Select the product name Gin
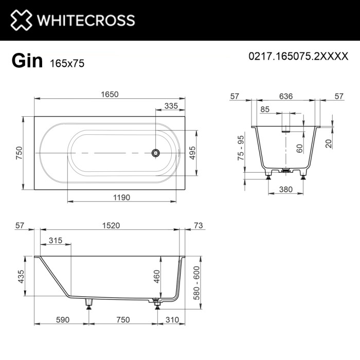point(27,60)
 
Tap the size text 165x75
point(67,63)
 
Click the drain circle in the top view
point(155,153)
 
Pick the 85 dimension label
point(265,109)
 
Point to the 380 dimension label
point(285,189)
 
